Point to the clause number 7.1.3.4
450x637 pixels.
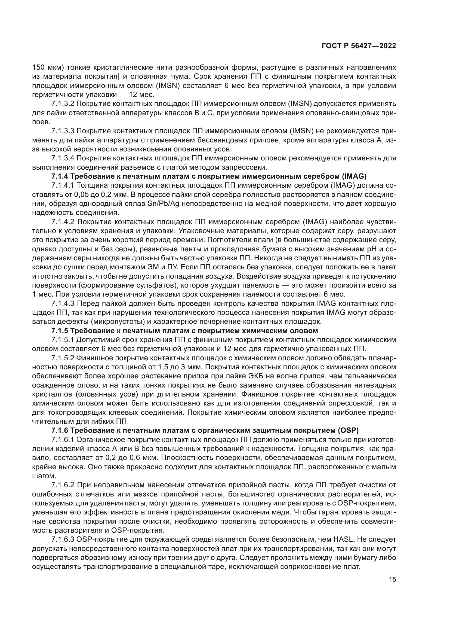point(63,158)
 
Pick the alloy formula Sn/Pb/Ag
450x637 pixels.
point(164,204)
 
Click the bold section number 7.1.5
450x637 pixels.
point(60,331)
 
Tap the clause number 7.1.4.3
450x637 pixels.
point(63,303)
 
